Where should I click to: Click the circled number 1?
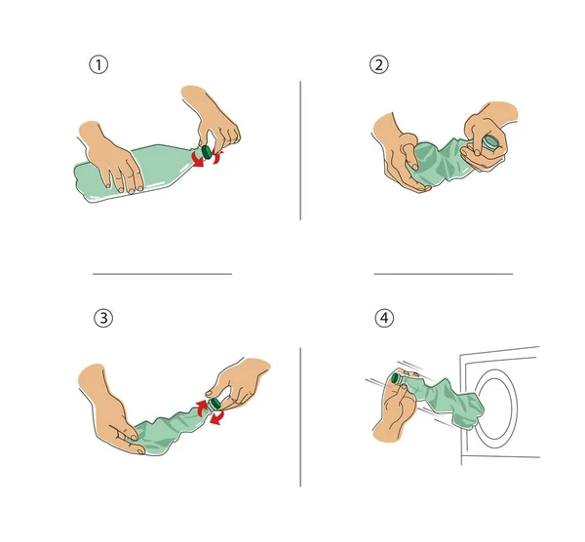98,64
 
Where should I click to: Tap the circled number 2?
378,64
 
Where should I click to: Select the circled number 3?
103,318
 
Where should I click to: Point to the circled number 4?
384,318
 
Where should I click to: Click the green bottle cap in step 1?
206,151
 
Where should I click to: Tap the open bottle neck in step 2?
490,142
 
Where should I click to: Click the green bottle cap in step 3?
214,404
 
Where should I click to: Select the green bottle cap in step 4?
396,378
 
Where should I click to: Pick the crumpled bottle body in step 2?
441,161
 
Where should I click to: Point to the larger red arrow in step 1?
197,159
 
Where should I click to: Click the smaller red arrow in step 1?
217,156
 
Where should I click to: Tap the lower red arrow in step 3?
216,417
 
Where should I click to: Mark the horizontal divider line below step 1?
162,274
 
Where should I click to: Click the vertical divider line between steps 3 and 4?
300,417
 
